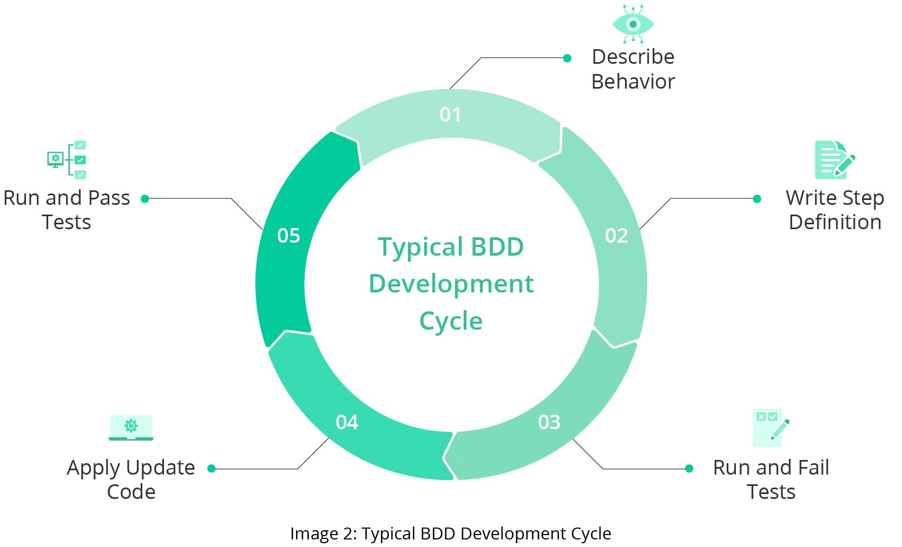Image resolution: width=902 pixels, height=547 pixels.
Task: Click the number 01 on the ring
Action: point(450,115)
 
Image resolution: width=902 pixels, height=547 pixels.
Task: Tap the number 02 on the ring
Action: point(616,236)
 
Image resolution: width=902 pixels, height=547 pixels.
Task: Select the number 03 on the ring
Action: point(549,422)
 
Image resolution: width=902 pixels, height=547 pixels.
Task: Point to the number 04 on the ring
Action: point(347,422)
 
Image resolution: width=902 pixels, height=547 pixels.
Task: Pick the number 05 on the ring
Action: point(288,236)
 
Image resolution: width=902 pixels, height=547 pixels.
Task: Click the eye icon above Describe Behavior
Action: point(633,24)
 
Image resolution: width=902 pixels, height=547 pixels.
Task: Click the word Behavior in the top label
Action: point(633,82)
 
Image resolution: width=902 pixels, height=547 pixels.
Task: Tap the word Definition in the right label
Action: point(835,222)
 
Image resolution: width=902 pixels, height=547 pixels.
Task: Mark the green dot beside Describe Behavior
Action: point(567,58)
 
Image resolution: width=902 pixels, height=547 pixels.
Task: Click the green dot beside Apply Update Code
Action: point(212,469)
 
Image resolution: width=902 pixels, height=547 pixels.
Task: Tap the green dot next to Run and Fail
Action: point(689,469)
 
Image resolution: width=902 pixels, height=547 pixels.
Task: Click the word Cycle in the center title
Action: point(451,321)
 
